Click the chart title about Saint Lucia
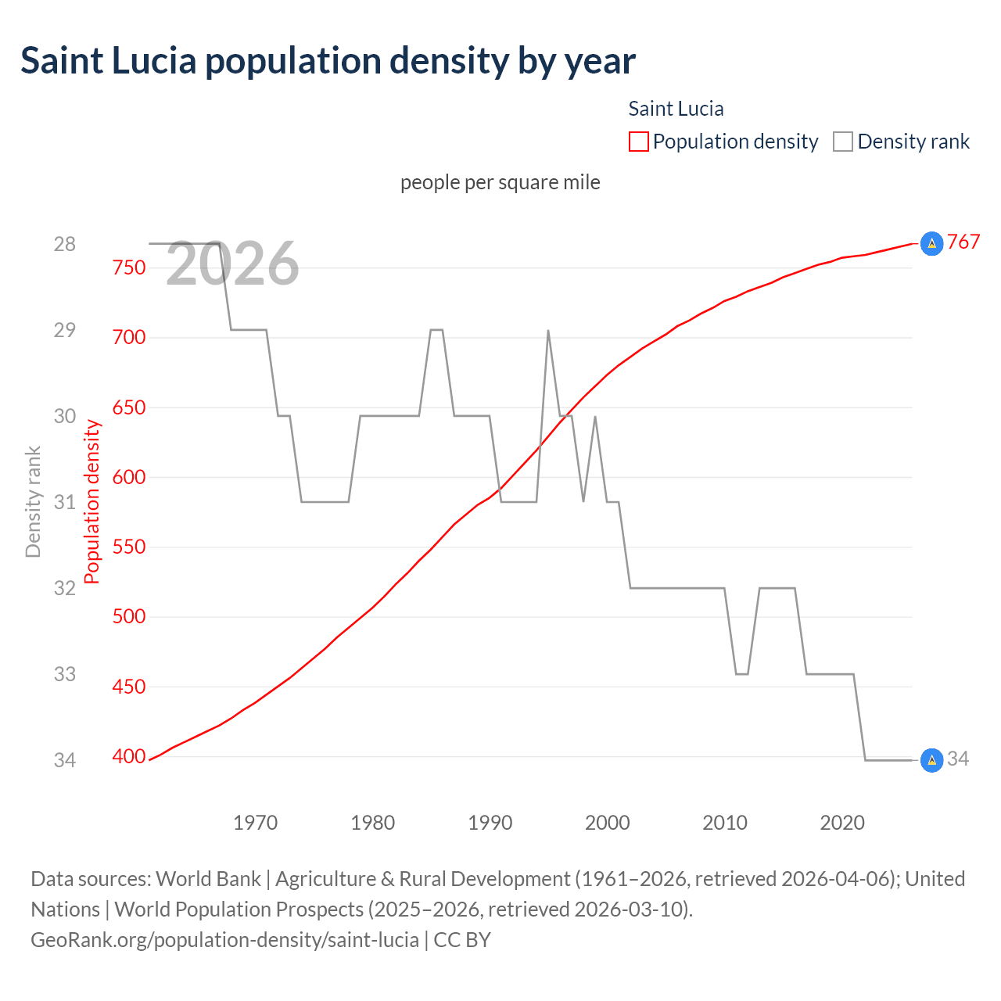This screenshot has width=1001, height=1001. (x=328, y=61)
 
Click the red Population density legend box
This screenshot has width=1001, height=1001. (x=638, y=142)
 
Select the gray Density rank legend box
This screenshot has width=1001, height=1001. (x=842, y=142)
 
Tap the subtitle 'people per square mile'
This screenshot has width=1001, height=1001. (x=500, y=182)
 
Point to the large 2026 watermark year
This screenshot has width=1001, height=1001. (x=232, y=264)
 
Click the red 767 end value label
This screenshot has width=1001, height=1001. (x=963, y=242)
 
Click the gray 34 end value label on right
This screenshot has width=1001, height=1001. (x=958, y=759)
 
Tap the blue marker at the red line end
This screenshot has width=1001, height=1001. (x=931, y=244)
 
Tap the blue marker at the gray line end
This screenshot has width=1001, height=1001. (x=931, y=759)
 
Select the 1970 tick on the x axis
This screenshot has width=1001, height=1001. (x=256, y=823)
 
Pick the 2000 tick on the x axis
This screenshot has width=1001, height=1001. (x=608, y=823)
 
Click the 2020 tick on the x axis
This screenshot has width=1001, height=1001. (x=842, y=823)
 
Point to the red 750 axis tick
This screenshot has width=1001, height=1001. (x=129, y=267)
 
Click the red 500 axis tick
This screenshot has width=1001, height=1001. (x=129, y=616)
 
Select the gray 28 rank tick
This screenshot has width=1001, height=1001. (x=65, y=244)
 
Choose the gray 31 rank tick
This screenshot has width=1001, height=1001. (x=65, y=502)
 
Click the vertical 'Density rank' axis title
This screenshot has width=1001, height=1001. (x=33, y=502)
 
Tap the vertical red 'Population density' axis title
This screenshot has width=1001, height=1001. (x=92, y=502)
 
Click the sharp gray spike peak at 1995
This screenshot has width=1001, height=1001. (x=548, y=331)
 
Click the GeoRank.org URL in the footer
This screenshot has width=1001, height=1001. (x=224, y=939)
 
